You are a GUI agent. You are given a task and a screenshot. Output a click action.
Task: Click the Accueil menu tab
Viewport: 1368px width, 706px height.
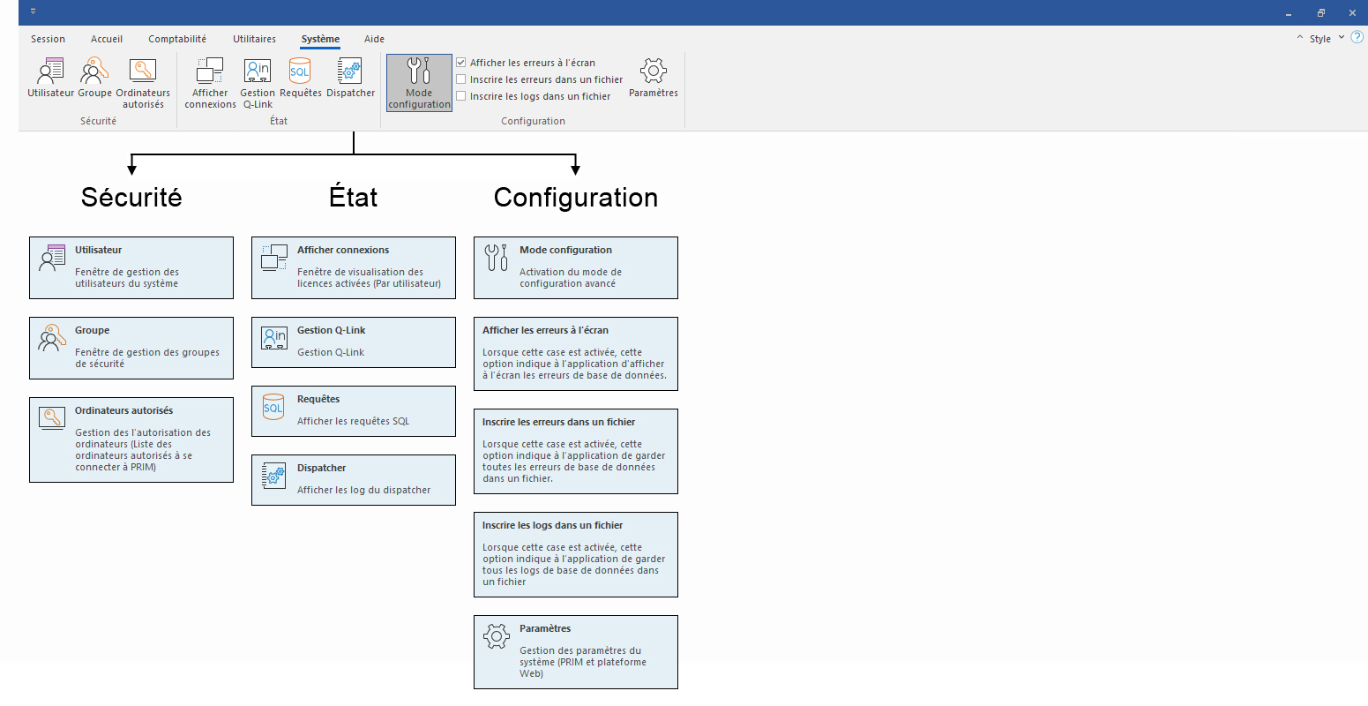coord(107,39)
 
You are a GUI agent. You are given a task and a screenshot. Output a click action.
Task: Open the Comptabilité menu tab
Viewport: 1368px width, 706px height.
coord(177,39)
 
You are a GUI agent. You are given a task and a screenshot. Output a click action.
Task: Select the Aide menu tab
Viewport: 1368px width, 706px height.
coord(374,39)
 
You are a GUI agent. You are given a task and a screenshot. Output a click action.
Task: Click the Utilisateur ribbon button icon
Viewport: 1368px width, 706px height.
coord(51,71)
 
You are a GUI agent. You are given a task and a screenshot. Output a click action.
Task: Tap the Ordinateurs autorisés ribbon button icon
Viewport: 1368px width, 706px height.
coord(143,71)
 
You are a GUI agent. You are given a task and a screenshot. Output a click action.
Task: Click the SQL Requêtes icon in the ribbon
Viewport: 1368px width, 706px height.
coord(300,71)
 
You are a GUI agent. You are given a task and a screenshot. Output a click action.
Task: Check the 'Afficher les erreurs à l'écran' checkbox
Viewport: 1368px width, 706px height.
coord(460,63)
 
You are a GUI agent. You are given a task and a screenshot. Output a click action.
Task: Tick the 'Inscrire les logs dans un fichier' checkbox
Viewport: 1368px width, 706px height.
coord(460,96)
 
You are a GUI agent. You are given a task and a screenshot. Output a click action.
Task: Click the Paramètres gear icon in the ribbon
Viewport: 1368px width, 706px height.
coord(653,71)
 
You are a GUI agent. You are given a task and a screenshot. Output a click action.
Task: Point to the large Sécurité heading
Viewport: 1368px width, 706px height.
coord(131,197)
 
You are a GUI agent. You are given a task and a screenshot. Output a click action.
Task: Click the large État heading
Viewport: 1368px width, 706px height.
coord(353,197)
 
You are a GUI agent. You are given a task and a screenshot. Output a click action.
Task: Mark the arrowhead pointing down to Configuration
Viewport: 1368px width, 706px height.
coord(575,169)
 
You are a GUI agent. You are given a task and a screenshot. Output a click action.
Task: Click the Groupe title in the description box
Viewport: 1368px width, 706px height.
coord(93,330)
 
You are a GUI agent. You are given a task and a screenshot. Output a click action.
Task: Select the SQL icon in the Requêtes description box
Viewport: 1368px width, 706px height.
coord(273,407)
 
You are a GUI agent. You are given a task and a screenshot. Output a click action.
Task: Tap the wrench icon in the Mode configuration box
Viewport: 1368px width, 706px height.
coord(497,257)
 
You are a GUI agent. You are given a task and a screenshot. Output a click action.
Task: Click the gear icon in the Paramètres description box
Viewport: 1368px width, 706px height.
coord(497,635)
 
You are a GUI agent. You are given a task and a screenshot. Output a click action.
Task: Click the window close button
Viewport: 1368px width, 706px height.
coord(1352,12)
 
